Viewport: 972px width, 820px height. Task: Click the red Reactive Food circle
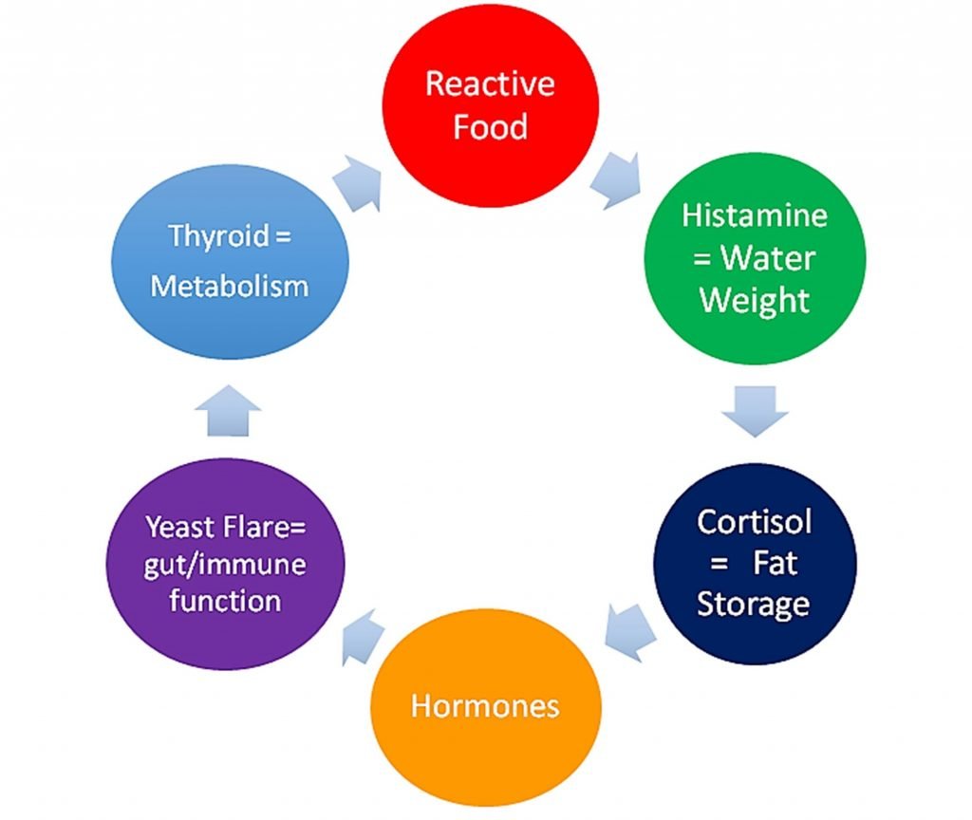click(x=491, y=105)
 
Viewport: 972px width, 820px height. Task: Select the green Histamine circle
click(x=755, y=258)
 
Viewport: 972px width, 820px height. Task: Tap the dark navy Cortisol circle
click(x=755, y=564)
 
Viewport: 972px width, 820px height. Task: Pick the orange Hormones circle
click(x=486, y=706)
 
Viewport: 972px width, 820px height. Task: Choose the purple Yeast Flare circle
click(x=226, y=564)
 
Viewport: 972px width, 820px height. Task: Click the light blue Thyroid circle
click(x=230, y=262)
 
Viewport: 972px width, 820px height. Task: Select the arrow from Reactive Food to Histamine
click(x=616, y=179)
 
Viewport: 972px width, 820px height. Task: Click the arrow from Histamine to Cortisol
click(x=755, y=411)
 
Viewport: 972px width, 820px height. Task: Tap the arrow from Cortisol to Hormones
click(x=630, y=631)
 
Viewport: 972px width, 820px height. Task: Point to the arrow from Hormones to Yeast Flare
click(x=363, y=637)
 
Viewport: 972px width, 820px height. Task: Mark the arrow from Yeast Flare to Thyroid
click(x=228, y=410)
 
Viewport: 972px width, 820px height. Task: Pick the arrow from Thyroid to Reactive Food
click(x=358, y=183)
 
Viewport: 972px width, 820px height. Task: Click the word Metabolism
click(x=230, y=287)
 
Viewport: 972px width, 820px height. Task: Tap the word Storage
click(x=753, y=605)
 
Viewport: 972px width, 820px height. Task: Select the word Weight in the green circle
click(x=755, y=301)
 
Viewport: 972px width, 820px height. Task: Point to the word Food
click(x=491, y=126)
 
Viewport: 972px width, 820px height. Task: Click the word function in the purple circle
click(x=225, y=601)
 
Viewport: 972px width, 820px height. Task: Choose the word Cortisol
click(x=755, y=522)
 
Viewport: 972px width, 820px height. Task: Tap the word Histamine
click(x=755, y=215)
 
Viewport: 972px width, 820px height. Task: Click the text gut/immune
click(x=225, y=566)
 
